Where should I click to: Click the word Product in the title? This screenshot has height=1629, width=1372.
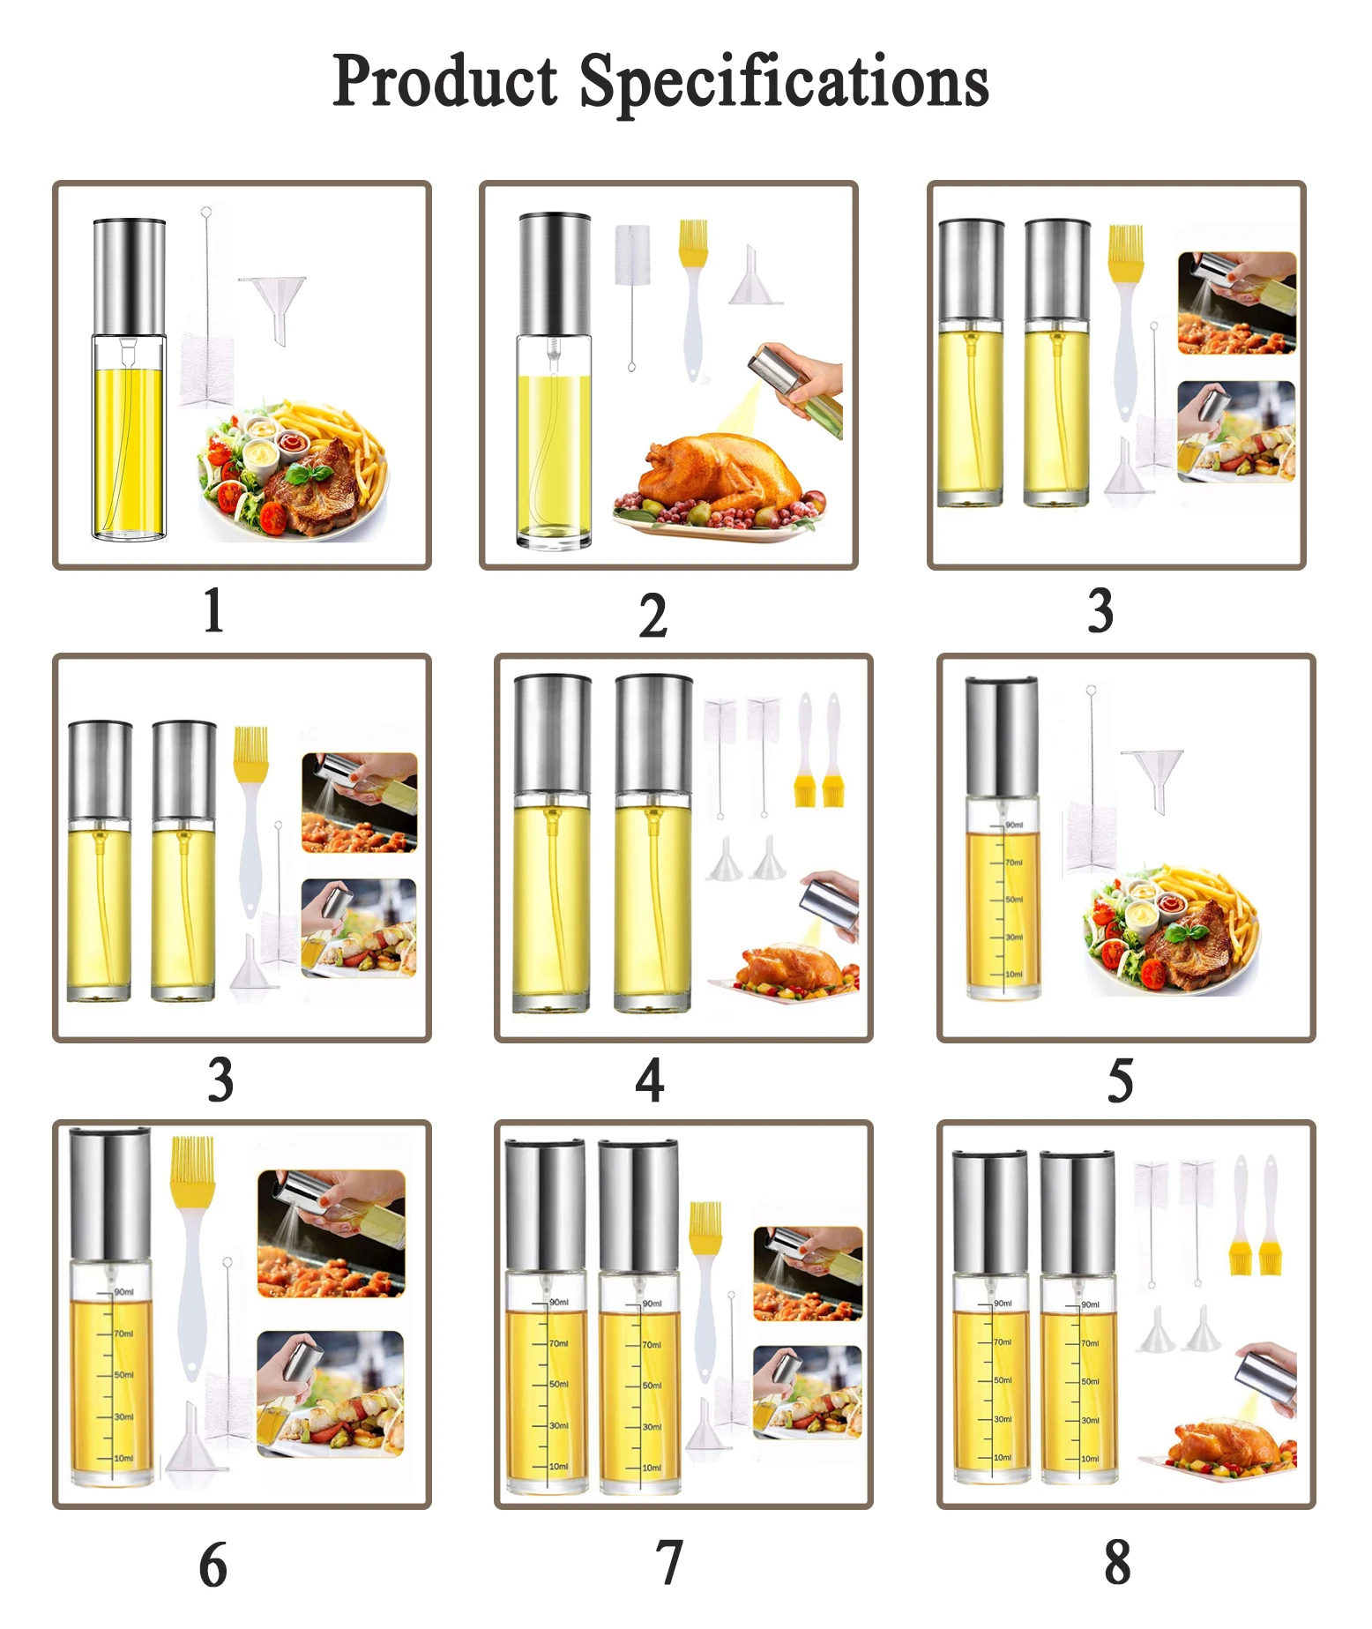445,81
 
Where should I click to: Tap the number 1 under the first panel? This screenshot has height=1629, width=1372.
213,610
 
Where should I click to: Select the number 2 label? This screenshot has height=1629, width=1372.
653,616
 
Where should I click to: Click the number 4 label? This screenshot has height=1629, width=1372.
650,1080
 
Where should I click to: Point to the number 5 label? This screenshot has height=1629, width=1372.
1120,1081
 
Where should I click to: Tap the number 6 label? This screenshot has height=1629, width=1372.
213,1565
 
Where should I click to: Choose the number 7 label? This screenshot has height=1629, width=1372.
669,1562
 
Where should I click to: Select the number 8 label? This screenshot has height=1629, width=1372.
1117,1562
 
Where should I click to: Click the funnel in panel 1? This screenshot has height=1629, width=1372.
274,300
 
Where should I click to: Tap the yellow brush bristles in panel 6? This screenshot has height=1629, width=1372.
192,1161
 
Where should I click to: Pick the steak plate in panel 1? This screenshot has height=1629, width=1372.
291,476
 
